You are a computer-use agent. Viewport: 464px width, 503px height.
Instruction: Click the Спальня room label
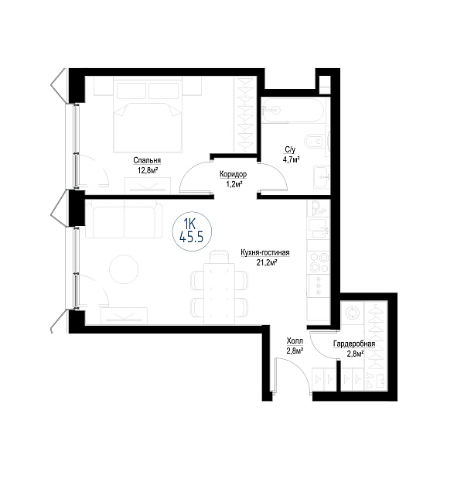coord(147,160)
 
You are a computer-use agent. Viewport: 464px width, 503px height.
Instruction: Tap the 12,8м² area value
coord(148,170)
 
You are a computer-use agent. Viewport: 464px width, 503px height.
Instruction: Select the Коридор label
coord(233,174)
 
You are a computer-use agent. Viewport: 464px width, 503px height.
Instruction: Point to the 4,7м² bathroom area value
coord(292,159)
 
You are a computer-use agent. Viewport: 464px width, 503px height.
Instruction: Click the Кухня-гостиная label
coord(265,253)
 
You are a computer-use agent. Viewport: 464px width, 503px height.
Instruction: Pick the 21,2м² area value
coord(267,263)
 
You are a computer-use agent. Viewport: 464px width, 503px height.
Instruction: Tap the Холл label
coord(295,340)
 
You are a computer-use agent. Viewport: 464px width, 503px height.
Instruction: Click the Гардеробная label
coord(354,344)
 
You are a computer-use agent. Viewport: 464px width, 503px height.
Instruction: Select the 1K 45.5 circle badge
coord(192,231)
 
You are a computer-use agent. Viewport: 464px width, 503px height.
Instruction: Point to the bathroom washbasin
coord(321,177)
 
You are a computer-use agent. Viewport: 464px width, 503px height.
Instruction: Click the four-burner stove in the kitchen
coord(319,262)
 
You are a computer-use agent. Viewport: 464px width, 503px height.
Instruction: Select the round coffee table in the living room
coord(124,269)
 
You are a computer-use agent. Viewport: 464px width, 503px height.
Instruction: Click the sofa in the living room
coord(124,220)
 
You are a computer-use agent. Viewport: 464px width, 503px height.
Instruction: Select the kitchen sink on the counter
coord(319,229)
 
